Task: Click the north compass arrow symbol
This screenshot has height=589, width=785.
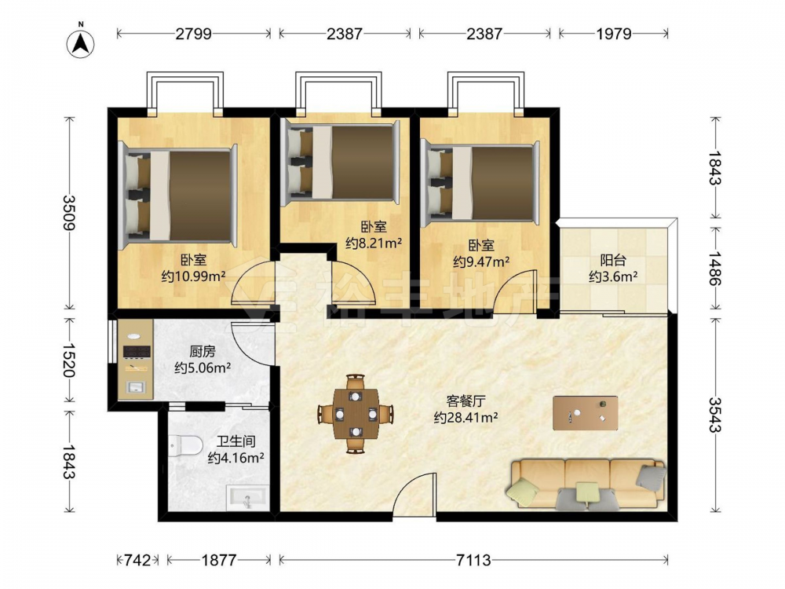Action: [81, 42]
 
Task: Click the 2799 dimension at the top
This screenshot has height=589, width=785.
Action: [194, 34]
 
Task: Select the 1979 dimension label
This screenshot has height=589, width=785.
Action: [614, 34]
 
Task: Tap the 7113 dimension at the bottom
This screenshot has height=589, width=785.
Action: [473, 559]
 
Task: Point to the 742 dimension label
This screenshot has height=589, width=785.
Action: [137, 559]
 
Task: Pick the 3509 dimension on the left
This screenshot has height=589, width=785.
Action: [70, 212]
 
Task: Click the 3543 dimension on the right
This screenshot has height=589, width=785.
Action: [715, 415]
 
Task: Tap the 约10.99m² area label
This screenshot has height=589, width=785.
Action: [194, 276]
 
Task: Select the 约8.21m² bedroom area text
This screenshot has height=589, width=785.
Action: [374, 243]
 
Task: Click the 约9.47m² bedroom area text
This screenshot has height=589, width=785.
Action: [482, 262]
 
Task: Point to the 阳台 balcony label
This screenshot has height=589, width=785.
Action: [613, 261]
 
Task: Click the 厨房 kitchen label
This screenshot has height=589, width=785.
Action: [203, 352]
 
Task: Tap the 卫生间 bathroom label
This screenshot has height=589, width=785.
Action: [235, 441]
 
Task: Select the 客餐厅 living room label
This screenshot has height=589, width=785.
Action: [466, 401]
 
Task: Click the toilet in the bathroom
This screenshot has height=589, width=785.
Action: [184, 445]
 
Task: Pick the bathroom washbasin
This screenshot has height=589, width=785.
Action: [248, 498]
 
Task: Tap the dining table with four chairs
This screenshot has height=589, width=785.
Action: [356, 414]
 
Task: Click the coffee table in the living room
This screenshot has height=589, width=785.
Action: [586, 413]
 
